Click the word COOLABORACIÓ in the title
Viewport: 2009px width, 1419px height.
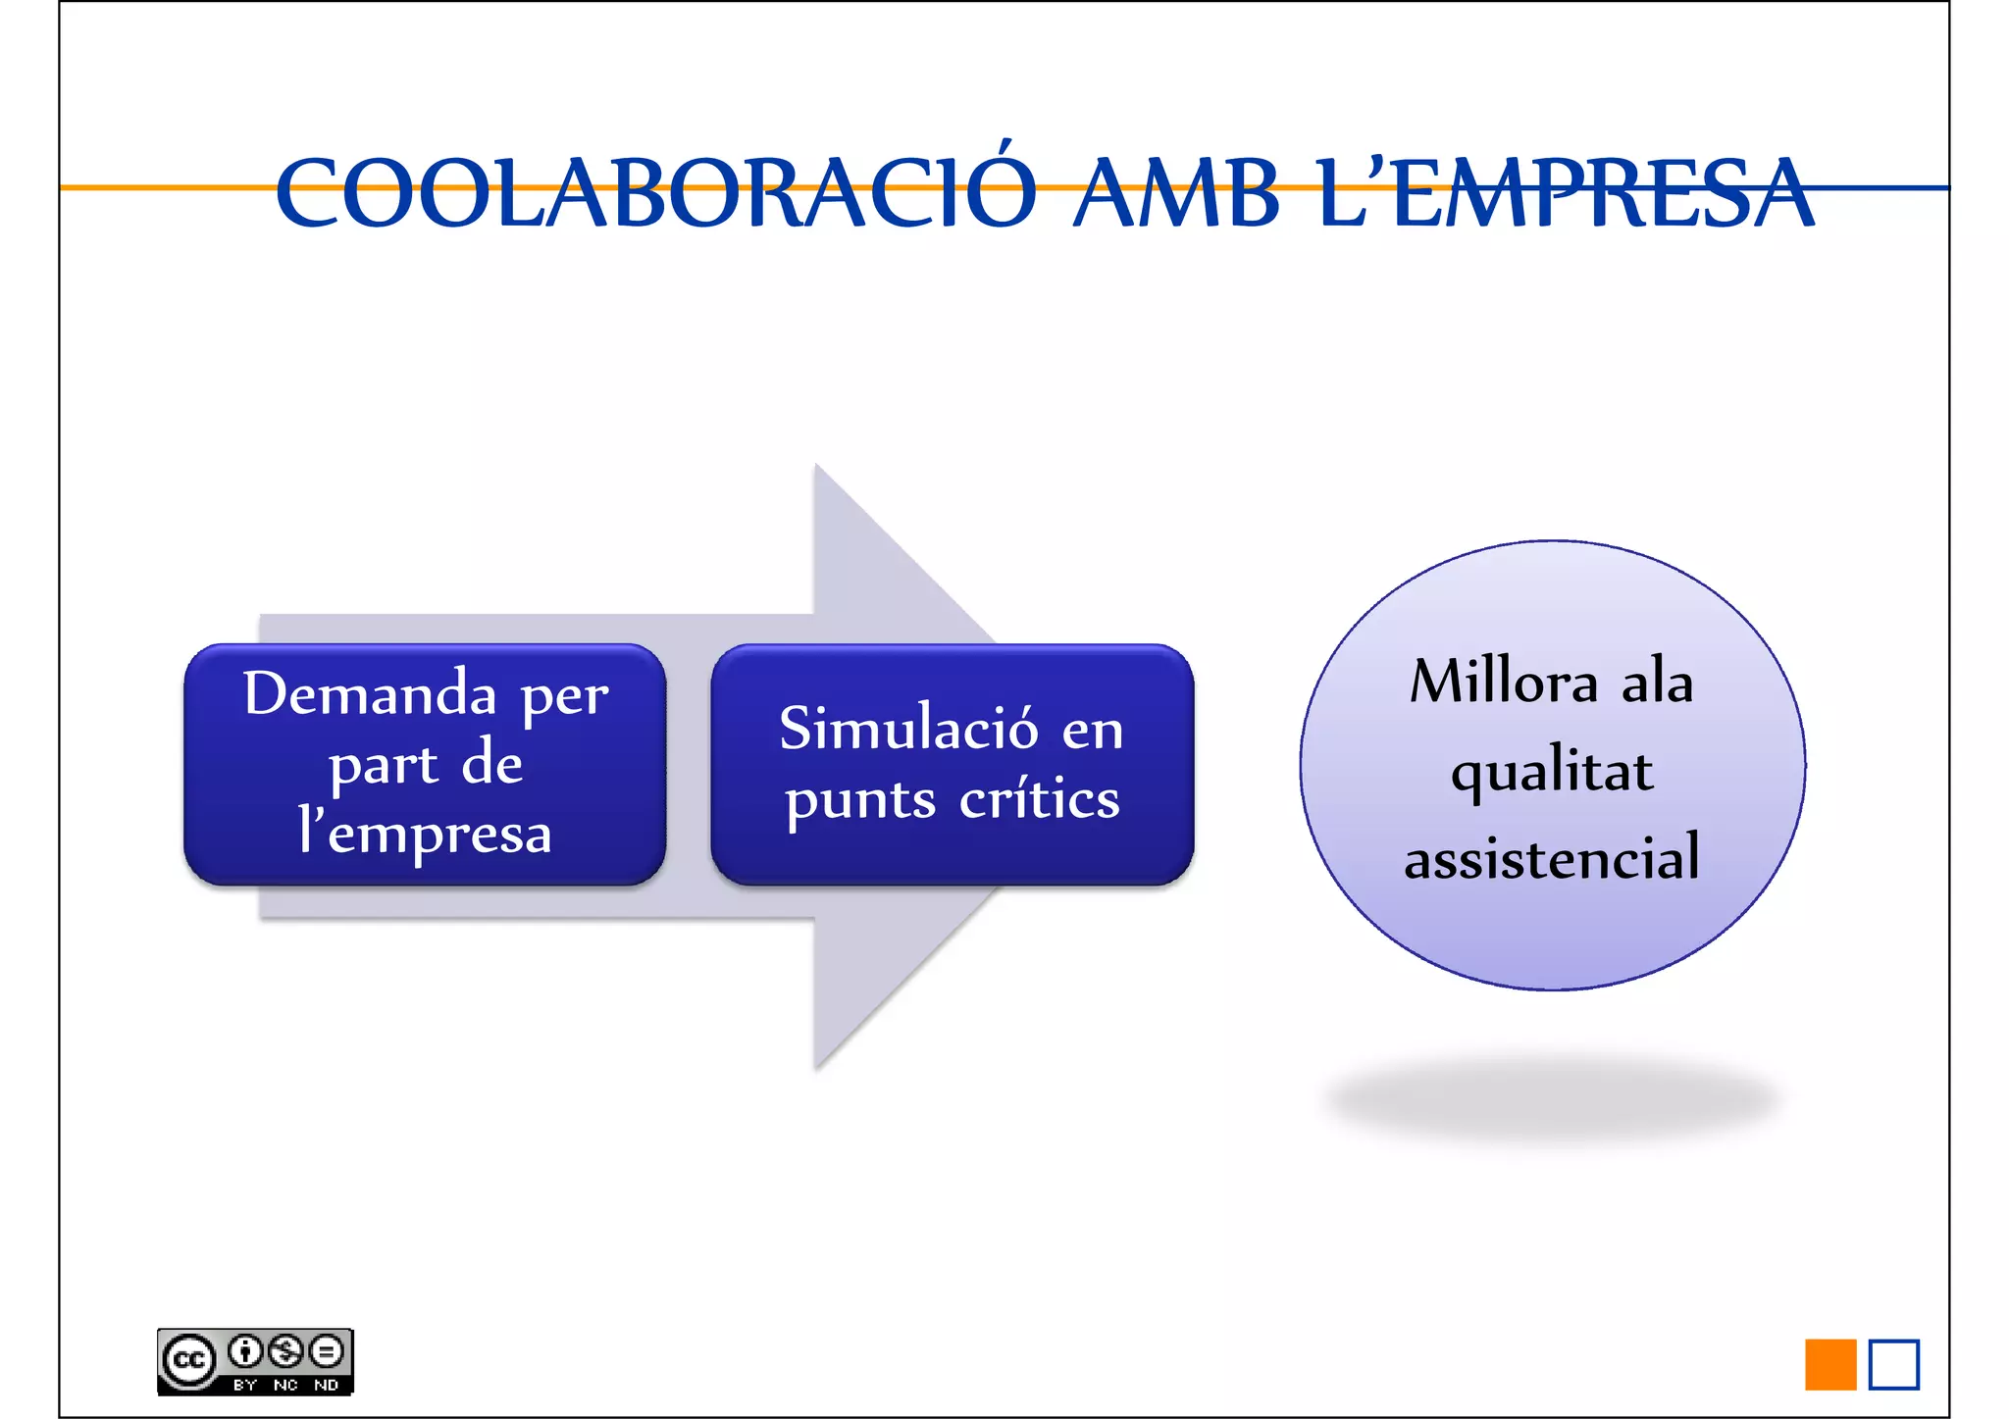tap(655, 192)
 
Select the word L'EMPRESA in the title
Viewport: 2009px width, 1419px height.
tap(1566, 192)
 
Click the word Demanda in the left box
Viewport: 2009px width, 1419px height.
tap(370, 694)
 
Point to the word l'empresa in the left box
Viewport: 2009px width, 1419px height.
tap(425, 834)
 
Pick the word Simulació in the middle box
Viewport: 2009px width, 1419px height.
tap(908, 729)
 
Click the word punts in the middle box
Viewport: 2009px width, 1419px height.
tap(860, 800)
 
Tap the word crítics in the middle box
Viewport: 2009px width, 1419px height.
tap(1039, 798)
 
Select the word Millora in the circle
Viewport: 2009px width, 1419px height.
tap(1504, 682)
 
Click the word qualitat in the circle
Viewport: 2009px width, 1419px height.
tap(1552, 771)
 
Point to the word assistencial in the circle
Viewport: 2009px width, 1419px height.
tap(1552, 857)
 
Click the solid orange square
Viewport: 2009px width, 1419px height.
tap(1830, 1364)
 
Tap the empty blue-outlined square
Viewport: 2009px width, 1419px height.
tap(1893, 1364)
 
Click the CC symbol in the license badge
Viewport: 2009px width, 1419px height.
tap(188, 1360)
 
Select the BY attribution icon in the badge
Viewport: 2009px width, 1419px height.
tap(245, 1352)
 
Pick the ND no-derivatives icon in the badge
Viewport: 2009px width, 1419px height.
tap(327, 1352)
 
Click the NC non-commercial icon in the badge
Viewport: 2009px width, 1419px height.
tap(285, 1352)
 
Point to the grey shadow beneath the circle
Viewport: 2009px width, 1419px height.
tap(1552, 1098)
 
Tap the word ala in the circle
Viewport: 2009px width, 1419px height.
tap(1657, 682)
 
